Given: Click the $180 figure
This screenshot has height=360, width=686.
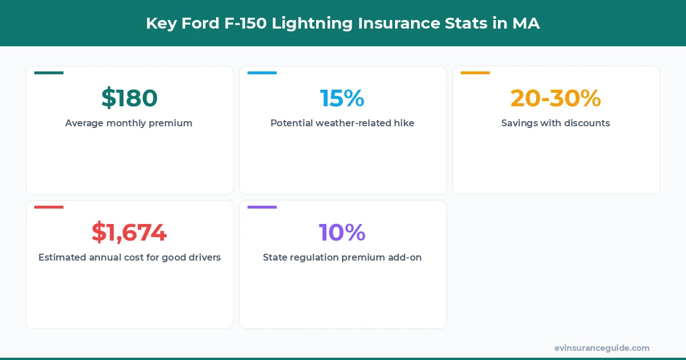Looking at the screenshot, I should pos(129,98).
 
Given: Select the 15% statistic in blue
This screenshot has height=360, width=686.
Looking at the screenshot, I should pos(342,98).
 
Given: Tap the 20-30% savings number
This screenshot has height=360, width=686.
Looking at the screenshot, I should pos(556,98).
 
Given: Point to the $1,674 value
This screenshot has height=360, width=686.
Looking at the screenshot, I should pos(129,233).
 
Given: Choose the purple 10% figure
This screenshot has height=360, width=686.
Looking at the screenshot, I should pos(342,233).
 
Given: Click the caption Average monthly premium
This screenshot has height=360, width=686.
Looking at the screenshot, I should pos(129,123).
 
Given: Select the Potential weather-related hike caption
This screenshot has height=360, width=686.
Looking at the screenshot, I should pos(342,123).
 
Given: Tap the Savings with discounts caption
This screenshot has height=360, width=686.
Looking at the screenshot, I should pos(556,123).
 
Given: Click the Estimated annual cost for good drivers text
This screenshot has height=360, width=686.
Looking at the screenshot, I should pos(129,257).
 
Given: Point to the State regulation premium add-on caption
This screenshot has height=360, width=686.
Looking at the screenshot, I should pos(342,257).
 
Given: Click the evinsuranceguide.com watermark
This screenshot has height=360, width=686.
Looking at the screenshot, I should pos(602,348).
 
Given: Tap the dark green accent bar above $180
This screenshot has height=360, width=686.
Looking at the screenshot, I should pos(49,73).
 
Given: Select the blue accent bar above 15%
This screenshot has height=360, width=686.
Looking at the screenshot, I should pos(262,73).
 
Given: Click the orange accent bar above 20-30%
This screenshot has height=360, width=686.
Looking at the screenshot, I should pos(475,73).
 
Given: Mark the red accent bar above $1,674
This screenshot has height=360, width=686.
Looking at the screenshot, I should pos(49,207).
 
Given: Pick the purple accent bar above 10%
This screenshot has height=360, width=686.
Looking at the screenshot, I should pos(262,207).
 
